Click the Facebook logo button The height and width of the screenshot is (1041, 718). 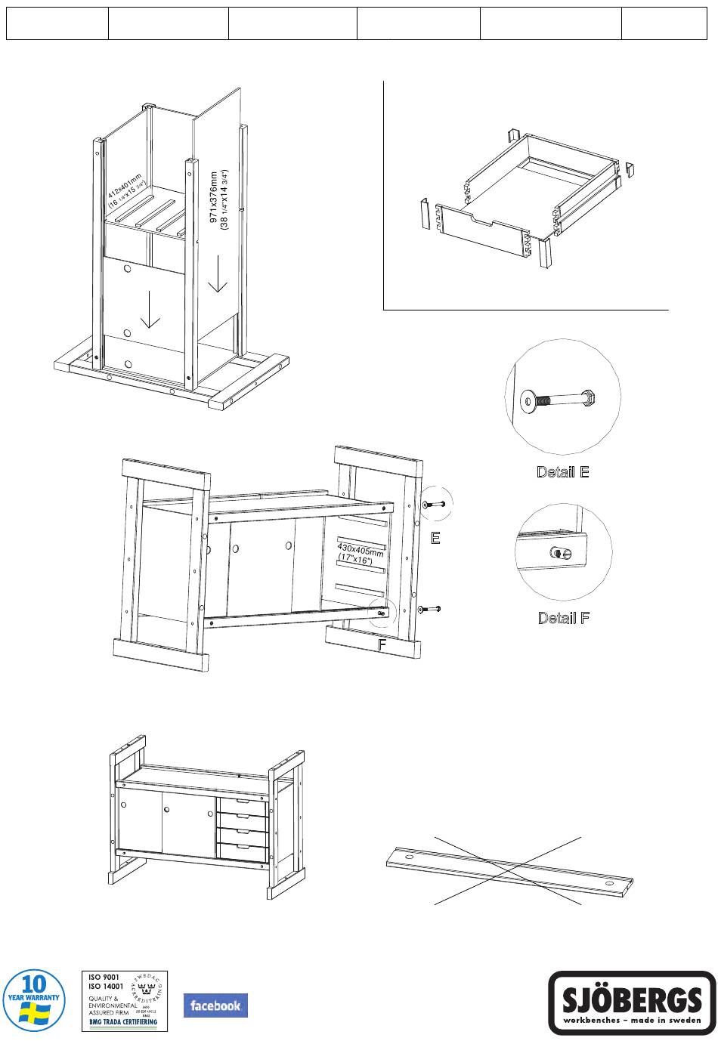point(215,1005)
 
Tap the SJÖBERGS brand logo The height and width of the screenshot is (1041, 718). point(632,1002)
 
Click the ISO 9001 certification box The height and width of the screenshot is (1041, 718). point(124,1001)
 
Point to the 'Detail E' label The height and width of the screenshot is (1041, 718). point(562,472)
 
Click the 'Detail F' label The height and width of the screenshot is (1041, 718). point(563,618)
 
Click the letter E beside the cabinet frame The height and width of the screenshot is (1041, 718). point(435,539)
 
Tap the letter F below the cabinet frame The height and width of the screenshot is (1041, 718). point(382,646)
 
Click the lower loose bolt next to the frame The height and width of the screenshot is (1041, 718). point(428,609)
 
